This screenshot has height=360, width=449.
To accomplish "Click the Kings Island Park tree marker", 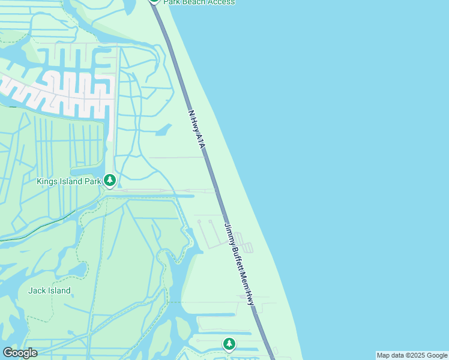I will click(x=109, y=179).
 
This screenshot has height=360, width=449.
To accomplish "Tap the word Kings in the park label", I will click(x=47, y=181).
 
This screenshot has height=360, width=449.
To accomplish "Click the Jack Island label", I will click(x=49, y=290).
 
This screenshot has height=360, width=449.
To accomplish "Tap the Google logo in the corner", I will click(x=20, y=353).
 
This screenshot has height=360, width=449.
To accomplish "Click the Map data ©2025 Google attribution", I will click(x=412, y=355).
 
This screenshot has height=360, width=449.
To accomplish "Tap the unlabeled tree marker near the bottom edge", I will click(x=229, y=344).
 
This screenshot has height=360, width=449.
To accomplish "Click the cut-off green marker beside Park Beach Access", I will click(x=155, y=1).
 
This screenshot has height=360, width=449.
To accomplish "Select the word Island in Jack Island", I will click(x=59, y=290).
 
